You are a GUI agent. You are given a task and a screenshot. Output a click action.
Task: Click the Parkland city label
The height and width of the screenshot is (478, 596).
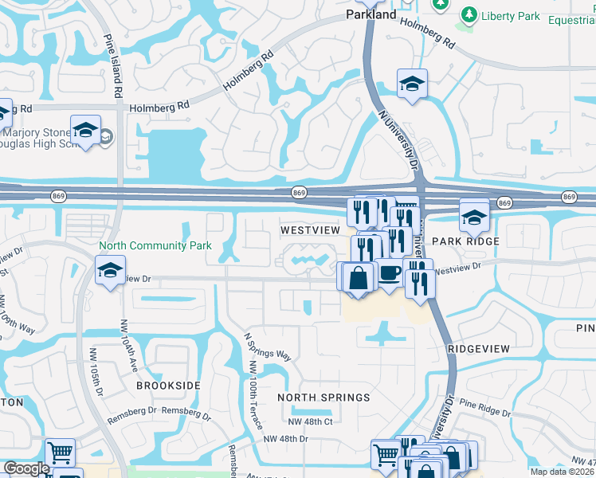tap(371, 14)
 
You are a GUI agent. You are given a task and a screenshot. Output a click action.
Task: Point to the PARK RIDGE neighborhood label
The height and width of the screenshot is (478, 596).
tap(465, 241)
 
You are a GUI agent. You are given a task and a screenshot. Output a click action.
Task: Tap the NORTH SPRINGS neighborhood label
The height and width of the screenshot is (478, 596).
tap(323, 397)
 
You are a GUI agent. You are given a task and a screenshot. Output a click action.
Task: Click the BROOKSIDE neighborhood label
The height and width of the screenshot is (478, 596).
tap(167, 385)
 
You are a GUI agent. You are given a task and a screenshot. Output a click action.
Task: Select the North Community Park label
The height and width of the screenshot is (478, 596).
tap(155, 245)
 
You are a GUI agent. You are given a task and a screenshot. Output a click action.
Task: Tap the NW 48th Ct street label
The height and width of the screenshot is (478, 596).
tap(310, 421)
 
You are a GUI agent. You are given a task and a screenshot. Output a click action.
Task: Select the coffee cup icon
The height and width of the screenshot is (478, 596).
tap(389, 273)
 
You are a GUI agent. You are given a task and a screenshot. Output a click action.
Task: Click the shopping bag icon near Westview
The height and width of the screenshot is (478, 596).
tap(360, 277)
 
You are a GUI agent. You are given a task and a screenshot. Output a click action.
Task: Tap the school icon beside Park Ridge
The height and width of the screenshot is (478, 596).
tap(474, 216)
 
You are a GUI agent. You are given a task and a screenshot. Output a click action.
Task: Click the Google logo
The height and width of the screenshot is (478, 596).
tap(26, 468)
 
